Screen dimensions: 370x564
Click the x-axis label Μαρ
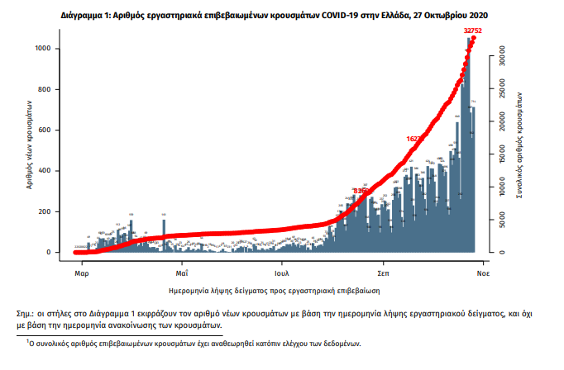tap(81, 271)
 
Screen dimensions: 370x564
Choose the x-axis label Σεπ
tap(384, 271)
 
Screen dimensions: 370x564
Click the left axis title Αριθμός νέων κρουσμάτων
tap(29, 144)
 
